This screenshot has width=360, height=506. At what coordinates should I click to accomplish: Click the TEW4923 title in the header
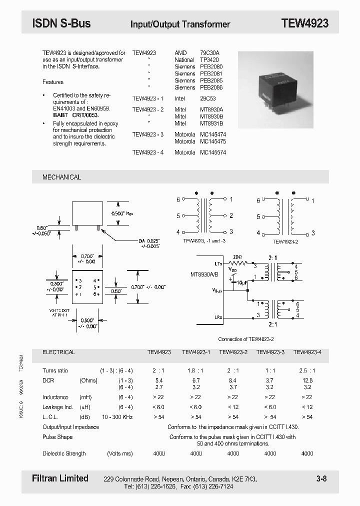pos(304,23)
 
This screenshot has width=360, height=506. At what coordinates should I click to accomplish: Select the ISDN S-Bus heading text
pos(61,23)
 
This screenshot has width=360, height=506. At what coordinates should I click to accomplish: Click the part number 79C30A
pos(210,52)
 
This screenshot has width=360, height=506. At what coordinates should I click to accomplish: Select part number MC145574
pos(213,152)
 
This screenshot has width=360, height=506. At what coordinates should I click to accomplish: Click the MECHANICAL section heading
pos(61,177)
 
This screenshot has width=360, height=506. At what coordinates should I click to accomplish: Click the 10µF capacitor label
pos(241,282)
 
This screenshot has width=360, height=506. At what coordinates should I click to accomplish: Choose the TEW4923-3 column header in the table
pos(270,352)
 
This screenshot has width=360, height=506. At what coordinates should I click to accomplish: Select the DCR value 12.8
pos(307,380)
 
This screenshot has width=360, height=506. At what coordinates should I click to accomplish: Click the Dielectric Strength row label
pos(64,453)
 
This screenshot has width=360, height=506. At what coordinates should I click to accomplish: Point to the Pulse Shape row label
pos(57,436)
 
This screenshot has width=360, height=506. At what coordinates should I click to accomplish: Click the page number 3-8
pos(321,479)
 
